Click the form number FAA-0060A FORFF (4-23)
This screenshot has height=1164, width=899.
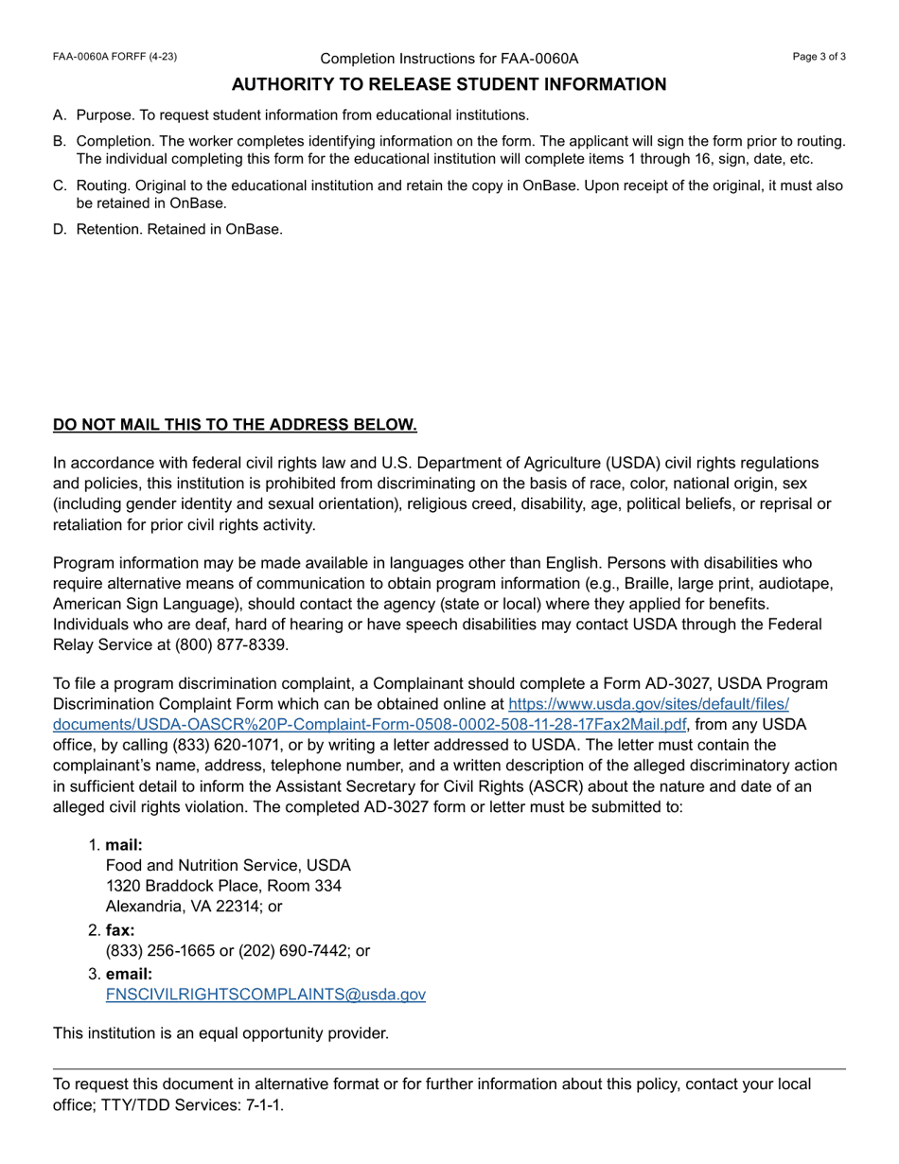115,57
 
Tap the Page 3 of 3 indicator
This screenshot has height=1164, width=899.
819,57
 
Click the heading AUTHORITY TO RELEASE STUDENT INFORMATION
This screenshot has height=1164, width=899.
449,84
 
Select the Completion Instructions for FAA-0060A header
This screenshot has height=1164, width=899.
449,59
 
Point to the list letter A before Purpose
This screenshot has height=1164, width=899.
59,115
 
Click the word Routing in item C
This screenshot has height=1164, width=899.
102,185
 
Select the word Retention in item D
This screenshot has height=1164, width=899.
108,229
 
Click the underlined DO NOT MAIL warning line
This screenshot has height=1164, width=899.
235,425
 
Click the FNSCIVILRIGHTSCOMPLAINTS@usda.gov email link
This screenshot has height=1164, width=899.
265,995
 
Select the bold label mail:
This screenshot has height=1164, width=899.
124,845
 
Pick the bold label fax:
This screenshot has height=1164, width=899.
120,930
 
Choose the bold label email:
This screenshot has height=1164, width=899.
129,974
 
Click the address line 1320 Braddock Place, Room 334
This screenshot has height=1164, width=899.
223,886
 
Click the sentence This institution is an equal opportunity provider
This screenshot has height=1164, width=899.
220,1032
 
